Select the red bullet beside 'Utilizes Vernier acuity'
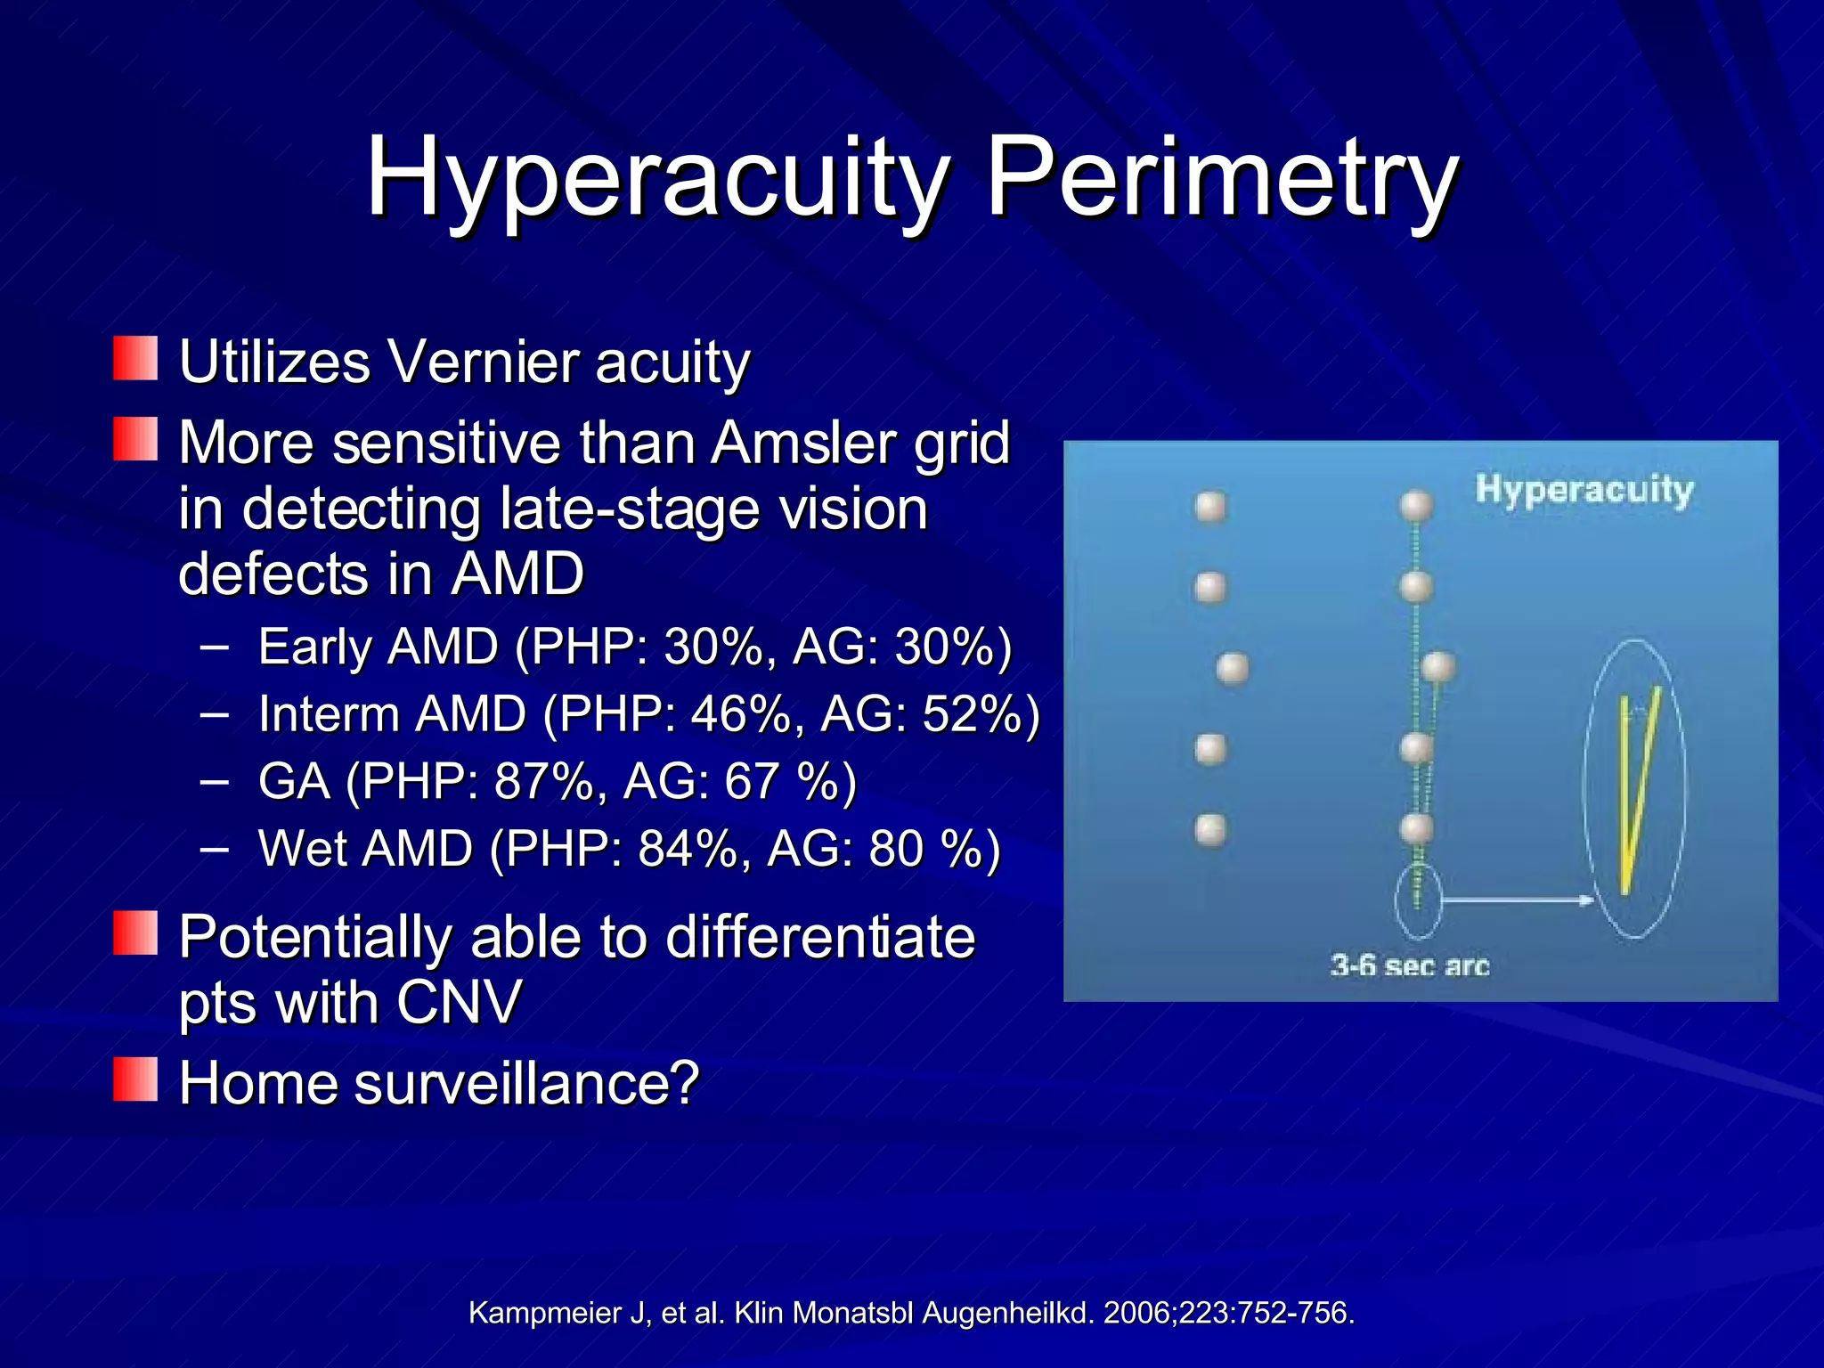[135, 358]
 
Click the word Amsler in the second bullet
[805, 443]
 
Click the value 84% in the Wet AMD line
[686, 848]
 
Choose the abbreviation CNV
[459, 1002]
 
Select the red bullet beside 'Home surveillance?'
[135, 1079]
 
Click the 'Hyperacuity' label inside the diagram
[1584, 490]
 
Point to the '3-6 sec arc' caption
[1409, 965]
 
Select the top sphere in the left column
[1210, 507]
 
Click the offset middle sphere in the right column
[1438, 666]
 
